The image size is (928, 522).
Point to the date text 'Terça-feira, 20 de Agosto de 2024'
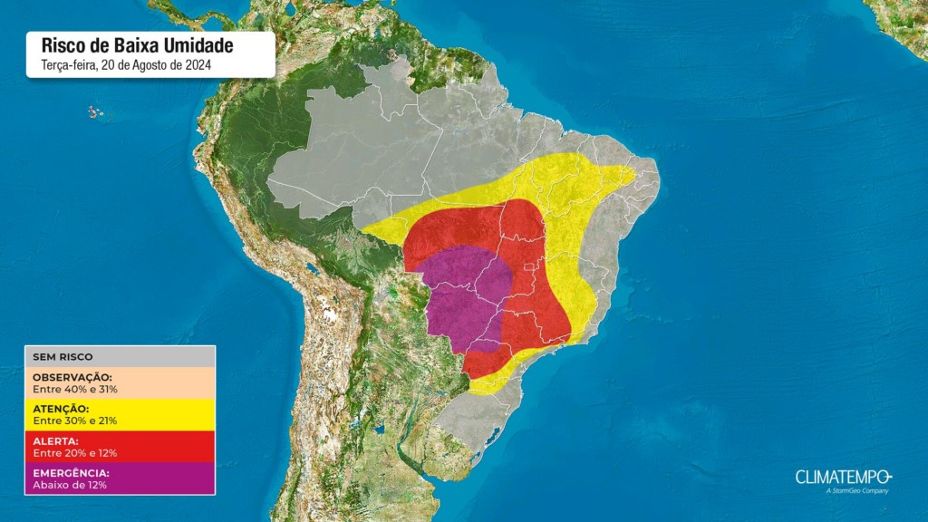coord(127,64)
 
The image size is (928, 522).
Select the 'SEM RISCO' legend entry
coord(63,357)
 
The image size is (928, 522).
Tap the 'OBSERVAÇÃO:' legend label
coord(72,377)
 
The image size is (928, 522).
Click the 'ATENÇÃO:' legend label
coord(63,409)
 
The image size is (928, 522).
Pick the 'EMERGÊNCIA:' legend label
coord(71,473)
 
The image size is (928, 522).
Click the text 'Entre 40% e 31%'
coord(75,389)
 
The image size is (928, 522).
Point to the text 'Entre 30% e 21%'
coord(75,420)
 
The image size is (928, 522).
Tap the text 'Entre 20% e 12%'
coord(75,453)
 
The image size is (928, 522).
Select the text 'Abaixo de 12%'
coord(70,485)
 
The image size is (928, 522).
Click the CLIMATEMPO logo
coord(844,477)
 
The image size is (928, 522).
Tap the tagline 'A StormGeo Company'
coord(857,491)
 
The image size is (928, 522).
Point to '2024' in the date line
coord(200,64)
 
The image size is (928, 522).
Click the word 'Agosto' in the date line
coord(145,64)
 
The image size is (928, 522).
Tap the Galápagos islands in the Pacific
coord(94,112)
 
